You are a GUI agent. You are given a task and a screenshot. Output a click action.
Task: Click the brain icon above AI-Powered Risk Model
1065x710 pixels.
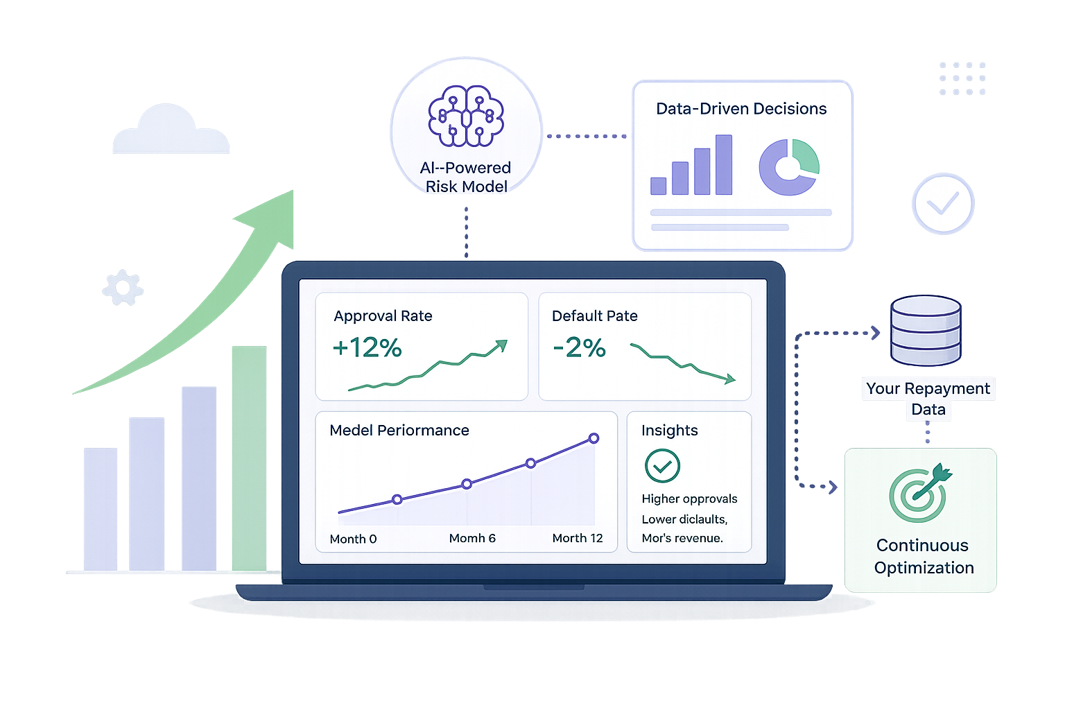(x=466, y=116)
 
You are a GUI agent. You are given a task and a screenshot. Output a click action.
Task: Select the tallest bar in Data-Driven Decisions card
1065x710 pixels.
(x=724, y=164)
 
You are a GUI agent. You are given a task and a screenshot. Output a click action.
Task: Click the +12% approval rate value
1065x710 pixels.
(x=367, y=347)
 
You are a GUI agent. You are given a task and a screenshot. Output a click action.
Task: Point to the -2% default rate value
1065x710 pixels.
(x=579, y=347)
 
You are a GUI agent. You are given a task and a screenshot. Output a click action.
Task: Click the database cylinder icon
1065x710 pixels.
(x=926, y=331)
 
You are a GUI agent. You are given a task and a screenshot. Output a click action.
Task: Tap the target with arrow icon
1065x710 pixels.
(x=921, y=493)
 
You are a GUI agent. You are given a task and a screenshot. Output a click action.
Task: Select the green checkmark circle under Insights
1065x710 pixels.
(x=662, y=466)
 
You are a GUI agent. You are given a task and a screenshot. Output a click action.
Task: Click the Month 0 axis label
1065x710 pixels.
(x=353, y=539)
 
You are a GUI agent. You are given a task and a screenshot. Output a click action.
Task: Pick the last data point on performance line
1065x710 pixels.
(x=594, y=438)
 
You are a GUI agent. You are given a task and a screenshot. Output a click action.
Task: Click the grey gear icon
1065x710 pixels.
(x=123, y=287)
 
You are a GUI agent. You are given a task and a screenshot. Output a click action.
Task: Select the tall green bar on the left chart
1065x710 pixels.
(x=249, y=458)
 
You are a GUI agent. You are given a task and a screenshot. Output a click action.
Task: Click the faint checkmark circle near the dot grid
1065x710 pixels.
(x=943, y=204)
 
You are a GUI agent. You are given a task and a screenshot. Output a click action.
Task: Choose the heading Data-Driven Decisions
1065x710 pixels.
(x=741, y=109)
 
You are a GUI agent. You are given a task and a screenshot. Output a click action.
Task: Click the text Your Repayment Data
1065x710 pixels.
(x=928, y=399)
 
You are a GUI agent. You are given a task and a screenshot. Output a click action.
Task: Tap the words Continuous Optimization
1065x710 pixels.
(x=924, y=556)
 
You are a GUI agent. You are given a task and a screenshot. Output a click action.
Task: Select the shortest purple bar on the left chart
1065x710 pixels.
(x=101, y=509)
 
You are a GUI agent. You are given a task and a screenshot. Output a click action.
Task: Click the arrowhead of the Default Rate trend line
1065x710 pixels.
(x=730, y=379)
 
